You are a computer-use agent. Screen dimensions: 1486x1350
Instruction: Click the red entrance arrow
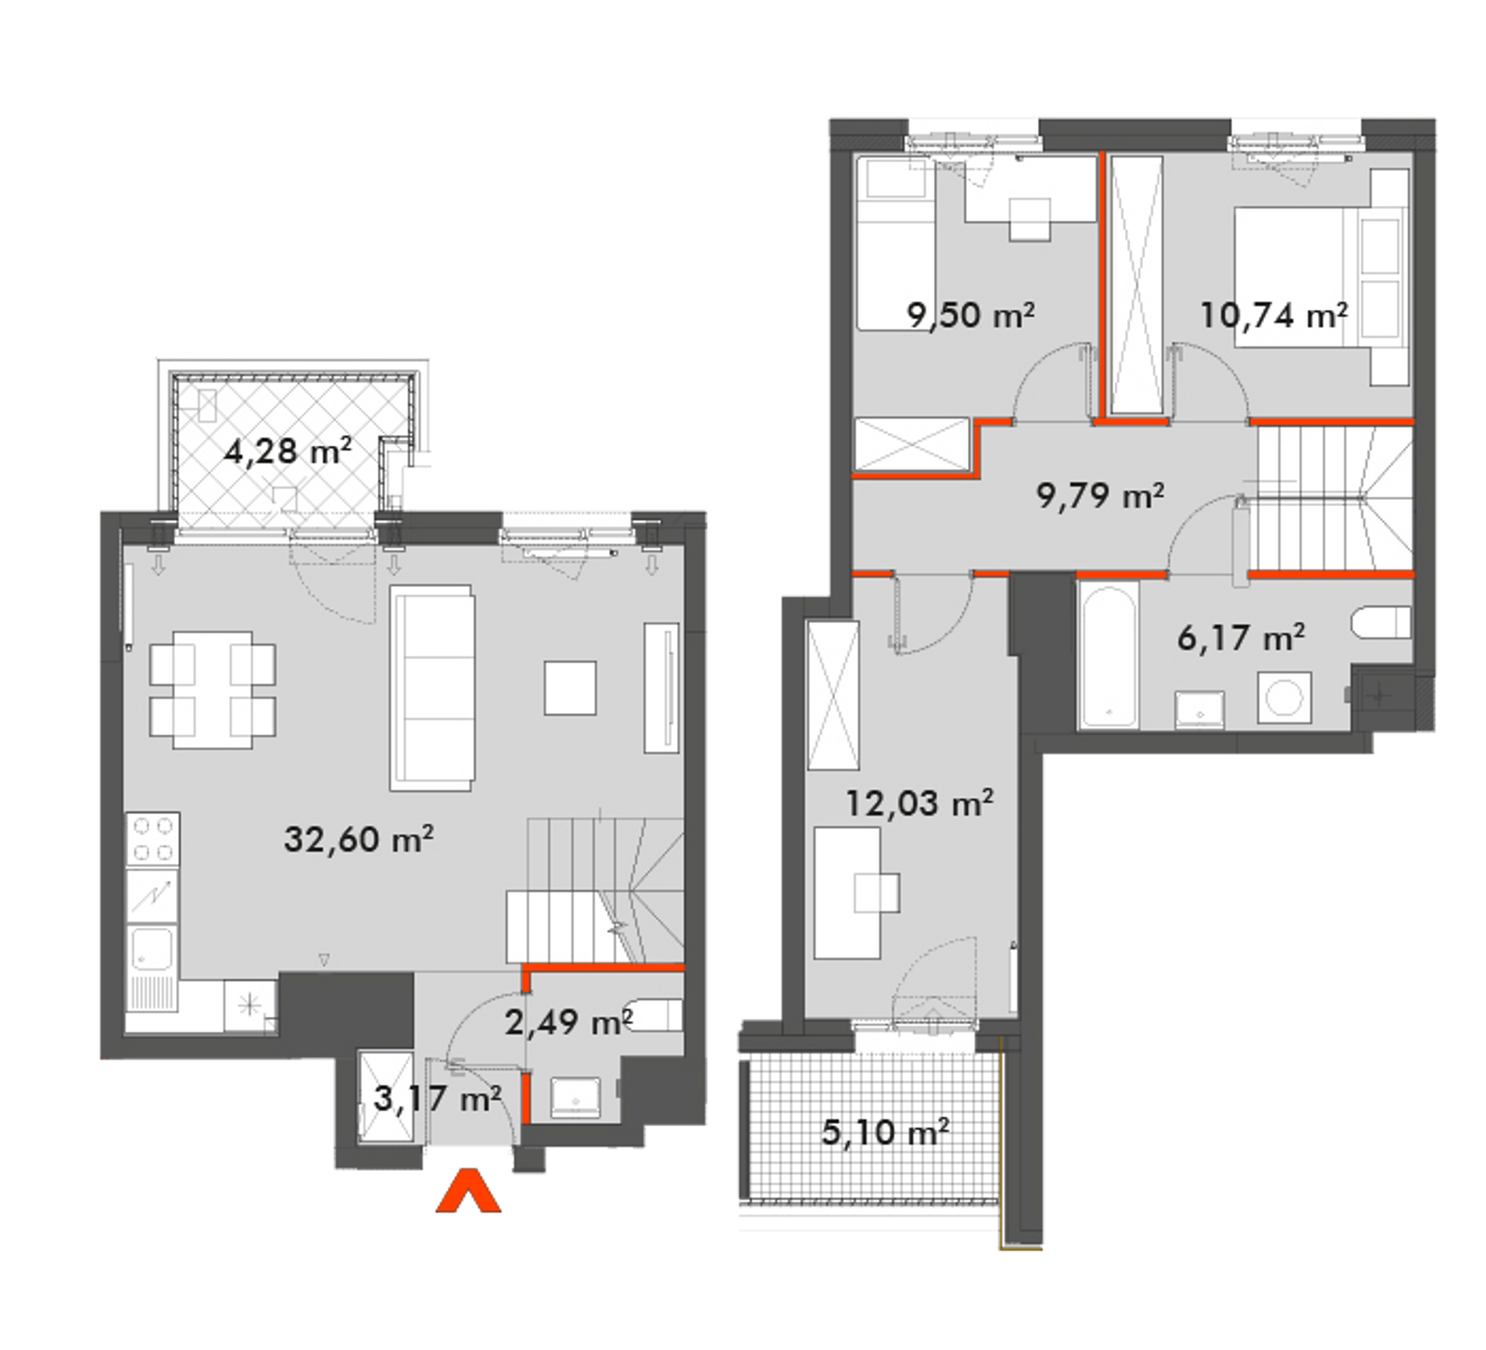[x=468, y=1190]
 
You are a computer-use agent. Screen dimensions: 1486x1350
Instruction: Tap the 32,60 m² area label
[x=358, y=839]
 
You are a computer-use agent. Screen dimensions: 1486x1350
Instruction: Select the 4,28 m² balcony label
[x=288, y=451]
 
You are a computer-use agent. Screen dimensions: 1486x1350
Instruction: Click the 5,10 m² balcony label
[x=885, y=1132]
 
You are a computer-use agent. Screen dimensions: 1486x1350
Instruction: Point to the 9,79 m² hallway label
[x=1100, y=495]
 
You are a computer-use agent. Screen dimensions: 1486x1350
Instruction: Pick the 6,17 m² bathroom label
[x=1240, y=637]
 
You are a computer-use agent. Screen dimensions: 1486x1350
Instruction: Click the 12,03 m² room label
[x=920, y=803]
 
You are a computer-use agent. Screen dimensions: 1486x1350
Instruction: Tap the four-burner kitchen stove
[x=153, y=838]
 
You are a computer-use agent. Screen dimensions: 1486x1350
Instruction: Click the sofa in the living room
[x=433, y=688]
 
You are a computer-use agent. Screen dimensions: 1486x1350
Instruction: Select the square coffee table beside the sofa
[x=570, y=688]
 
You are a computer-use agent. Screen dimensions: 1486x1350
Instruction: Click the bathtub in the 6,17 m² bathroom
[x=1108, y=655]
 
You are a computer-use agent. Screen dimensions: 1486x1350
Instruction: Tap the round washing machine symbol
[x=1284, y=698]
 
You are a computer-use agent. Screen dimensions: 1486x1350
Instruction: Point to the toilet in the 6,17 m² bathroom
[x=1380, y=623]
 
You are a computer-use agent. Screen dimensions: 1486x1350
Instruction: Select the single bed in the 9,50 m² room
[x=896, y=243]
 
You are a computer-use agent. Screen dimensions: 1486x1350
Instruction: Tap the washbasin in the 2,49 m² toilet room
[x=576, y=1097]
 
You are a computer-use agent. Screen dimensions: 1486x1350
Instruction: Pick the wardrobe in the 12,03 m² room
[x=833, y=695]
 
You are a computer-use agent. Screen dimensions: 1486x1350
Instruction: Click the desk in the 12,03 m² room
[x=848, y=892]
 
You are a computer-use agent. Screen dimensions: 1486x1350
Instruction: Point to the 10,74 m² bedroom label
[x=1274, y=315]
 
